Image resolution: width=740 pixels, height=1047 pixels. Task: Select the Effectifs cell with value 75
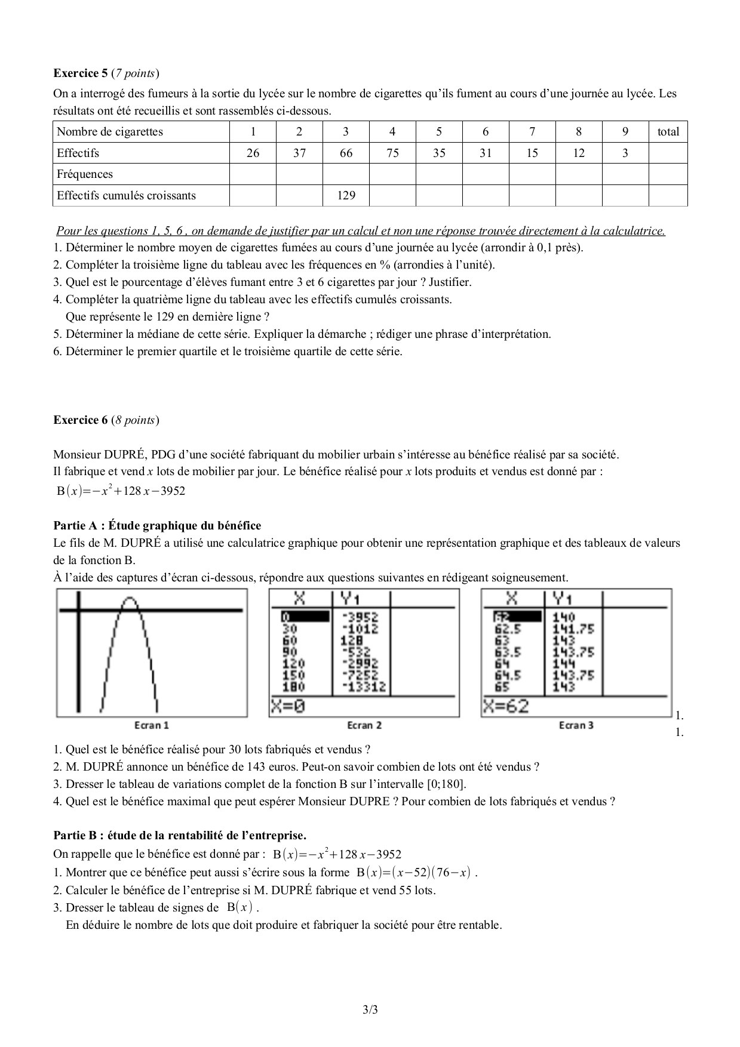coord(392,153)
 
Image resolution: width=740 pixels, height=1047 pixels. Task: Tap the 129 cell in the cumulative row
coord(346,195)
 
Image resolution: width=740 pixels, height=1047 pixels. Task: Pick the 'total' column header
coord(668,132)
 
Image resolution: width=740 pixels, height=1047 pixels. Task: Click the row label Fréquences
coord(85,174)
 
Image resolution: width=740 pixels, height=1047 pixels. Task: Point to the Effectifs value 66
coord(346,153)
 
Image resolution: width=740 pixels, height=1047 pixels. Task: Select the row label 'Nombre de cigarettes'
coord(110,132)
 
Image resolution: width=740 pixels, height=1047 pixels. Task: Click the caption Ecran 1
coord(152,725)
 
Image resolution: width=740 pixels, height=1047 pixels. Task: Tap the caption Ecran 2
coord(364,725)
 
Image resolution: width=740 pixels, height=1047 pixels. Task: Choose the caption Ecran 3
coord(576,725)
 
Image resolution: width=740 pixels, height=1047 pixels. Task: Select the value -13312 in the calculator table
coord(364,687)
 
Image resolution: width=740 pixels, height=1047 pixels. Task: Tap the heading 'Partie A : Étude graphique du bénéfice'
coord(157,525)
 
